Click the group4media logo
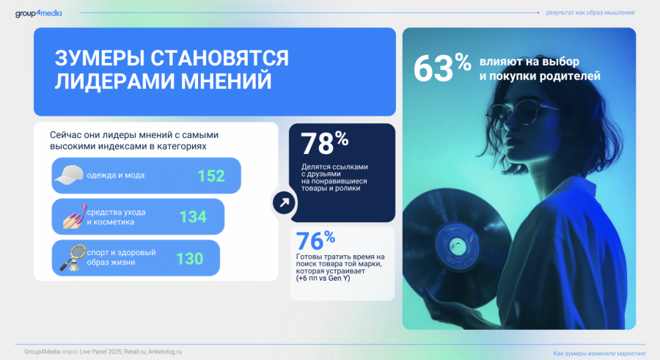click(39, 13)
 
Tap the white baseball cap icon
click(69, 175)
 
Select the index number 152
click(211, 175)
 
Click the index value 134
click(193, 217)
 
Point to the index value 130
click(189, 259)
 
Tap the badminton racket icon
click(73, 257)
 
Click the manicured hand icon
click(75, 217)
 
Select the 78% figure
click(324, 143)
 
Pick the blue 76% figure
click(315, 240)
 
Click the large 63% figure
click(442, 67)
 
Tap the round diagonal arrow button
click(284, 202)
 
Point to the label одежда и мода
click(116, 175)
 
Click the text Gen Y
click(340, 279)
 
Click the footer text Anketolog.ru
click(165, 352)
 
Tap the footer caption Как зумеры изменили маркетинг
click(599, 353)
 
